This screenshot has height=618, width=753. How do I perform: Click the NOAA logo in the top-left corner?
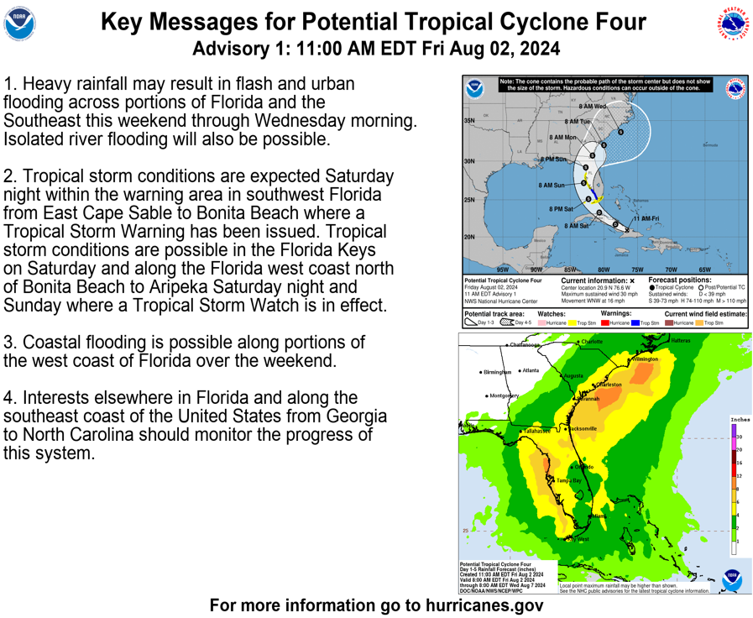(20, 25)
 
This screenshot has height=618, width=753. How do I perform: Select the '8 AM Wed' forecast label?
(592, 107)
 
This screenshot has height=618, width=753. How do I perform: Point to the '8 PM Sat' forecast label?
(562, 208)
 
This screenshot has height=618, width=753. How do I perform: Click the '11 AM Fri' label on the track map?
(646, 218)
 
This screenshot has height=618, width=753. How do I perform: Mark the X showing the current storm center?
(627, 229)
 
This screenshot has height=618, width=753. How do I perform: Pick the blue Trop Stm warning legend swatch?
(635, 322)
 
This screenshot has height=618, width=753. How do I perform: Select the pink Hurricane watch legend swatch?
(542, 322)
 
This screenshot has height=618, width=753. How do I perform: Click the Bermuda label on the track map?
(709, 145)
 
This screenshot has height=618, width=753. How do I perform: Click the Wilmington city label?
(646, 359)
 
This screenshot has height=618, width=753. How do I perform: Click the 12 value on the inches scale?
(738, 475)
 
